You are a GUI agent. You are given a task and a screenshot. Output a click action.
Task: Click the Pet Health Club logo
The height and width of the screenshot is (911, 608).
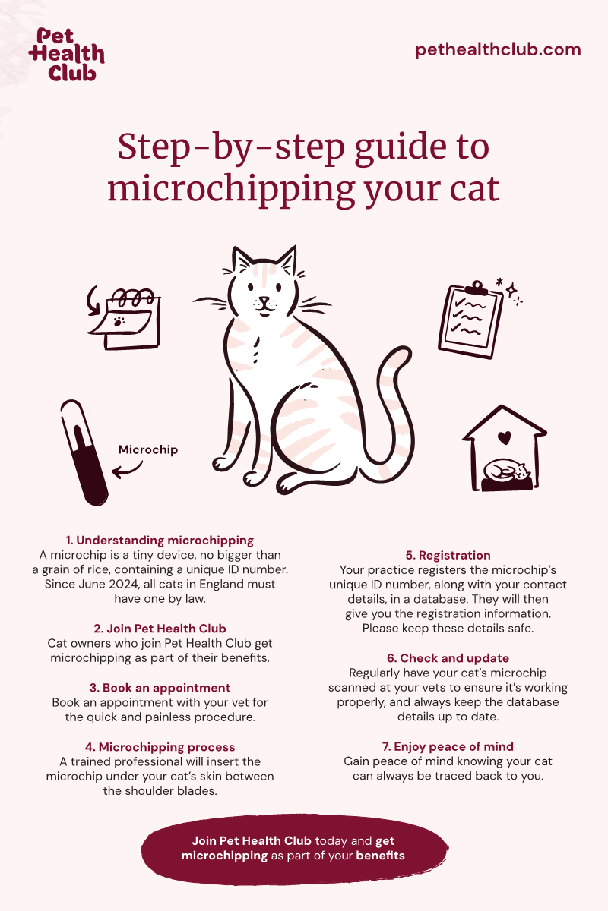point(66,55)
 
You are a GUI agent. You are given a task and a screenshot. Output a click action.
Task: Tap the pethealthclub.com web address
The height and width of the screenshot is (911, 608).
point(498,50)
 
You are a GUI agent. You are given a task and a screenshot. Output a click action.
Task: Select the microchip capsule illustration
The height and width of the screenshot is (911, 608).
point(84,452)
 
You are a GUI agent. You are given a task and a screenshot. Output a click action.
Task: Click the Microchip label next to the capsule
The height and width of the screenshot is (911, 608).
point(148,449)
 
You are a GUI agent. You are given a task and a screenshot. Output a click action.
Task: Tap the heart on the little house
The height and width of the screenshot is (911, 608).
point(504,437)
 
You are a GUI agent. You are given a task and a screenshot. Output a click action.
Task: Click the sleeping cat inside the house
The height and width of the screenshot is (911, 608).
point(506,470)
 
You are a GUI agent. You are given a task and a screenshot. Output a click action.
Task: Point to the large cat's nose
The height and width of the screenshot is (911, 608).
point(264,301)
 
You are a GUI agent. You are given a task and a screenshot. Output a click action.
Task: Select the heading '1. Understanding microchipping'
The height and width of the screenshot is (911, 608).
point(160,540)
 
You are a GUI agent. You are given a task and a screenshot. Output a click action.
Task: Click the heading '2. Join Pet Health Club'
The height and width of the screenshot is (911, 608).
point(160,629)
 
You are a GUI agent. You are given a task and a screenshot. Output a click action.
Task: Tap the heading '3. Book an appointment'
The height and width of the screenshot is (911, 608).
point(160,688)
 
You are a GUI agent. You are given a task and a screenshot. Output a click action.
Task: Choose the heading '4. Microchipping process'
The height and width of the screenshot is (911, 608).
point(160,747)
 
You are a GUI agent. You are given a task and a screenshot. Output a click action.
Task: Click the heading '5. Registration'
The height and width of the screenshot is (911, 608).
point(448,555)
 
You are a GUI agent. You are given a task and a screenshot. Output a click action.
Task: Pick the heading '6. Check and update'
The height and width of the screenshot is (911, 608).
point(448,658)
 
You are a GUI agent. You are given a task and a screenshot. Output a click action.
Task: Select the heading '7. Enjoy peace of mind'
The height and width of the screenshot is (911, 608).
point(448,746)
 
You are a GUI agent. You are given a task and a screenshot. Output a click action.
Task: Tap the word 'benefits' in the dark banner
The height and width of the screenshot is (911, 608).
point(380,856)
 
